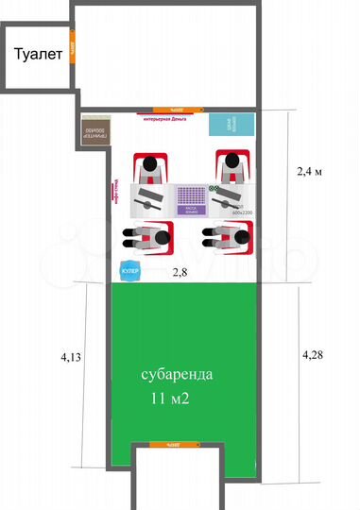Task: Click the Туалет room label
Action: click(x=38, y=55)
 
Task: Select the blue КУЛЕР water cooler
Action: click(x=129, y=272)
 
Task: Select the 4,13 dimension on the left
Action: click(x=71, y=358)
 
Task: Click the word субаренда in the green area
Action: click(x=177, y=374)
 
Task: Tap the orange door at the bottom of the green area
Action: click(x=175, y=443)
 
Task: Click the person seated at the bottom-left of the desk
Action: click(x=147, y=235)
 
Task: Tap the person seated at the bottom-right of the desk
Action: click(x=230, y=235)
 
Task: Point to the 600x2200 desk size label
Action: click(x=240, y=212)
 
